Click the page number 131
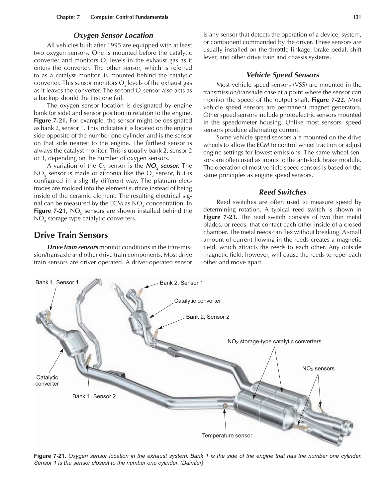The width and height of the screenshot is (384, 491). click(x=357, y=17)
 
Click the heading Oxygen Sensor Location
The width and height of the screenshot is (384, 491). click(x=113, y=36)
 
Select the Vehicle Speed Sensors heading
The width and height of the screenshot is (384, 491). click(x=282, y=75)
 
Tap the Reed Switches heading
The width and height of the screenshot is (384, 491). click(x=282, y=192)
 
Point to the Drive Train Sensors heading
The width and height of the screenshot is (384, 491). click(x=71, y=235)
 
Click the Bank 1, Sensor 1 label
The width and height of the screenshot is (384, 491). click(x=57, y=283)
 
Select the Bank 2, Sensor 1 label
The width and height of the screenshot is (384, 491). click(x=181, y=283)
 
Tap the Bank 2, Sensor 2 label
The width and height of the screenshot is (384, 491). click(x=208, y=317)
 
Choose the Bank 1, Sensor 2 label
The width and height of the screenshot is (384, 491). click(x=94, y=396)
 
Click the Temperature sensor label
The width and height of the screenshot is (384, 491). click(x=227, y=436)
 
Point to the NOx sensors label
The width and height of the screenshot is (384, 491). click(x=318, y=368)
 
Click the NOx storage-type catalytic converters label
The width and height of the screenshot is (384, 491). click(x=274, y=341)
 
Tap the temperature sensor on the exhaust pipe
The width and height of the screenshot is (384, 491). click(x=225, y=406)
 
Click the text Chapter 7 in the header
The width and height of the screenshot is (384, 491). click(x=68, y=17)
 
